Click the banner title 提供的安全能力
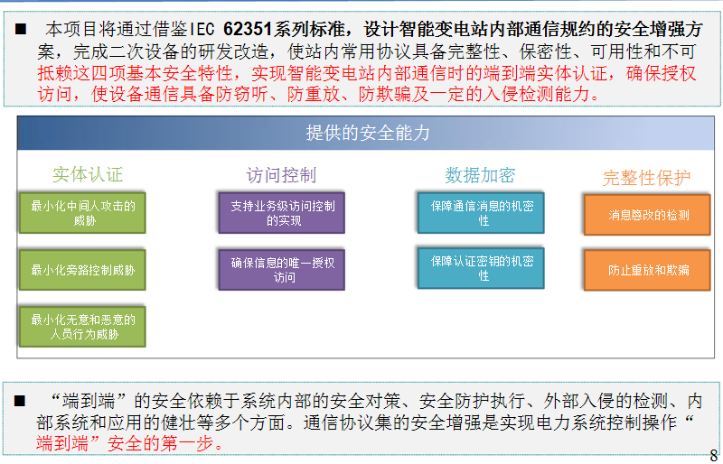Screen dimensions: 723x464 point(368,134)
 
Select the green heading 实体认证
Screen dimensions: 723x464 point(88,174)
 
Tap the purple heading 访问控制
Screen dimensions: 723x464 point(281,175)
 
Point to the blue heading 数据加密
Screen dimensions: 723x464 point(480,175)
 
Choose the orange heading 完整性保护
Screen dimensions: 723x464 point(646,178)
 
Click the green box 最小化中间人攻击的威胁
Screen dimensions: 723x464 point(82,213)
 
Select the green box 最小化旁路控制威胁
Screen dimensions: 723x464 point(82,270)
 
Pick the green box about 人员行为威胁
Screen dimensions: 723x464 point(82,327)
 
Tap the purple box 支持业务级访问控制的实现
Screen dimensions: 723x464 point(282,213)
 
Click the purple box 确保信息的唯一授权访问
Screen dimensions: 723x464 point(282,270)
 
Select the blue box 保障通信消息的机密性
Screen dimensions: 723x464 point(481,213)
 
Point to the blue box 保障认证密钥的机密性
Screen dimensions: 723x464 point(481,268)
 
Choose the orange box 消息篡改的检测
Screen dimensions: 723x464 point(647,215)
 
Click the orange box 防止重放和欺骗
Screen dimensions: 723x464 point(647,271)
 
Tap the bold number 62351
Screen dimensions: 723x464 point(247,29)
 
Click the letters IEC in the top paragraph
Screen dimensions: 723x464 point(202,30)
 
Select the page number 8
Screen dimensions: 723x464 point(714,454)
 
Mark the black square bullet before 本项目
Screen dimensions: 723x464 point(20,30)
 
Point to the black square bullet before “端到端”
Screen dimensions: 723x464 point(19,401)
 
